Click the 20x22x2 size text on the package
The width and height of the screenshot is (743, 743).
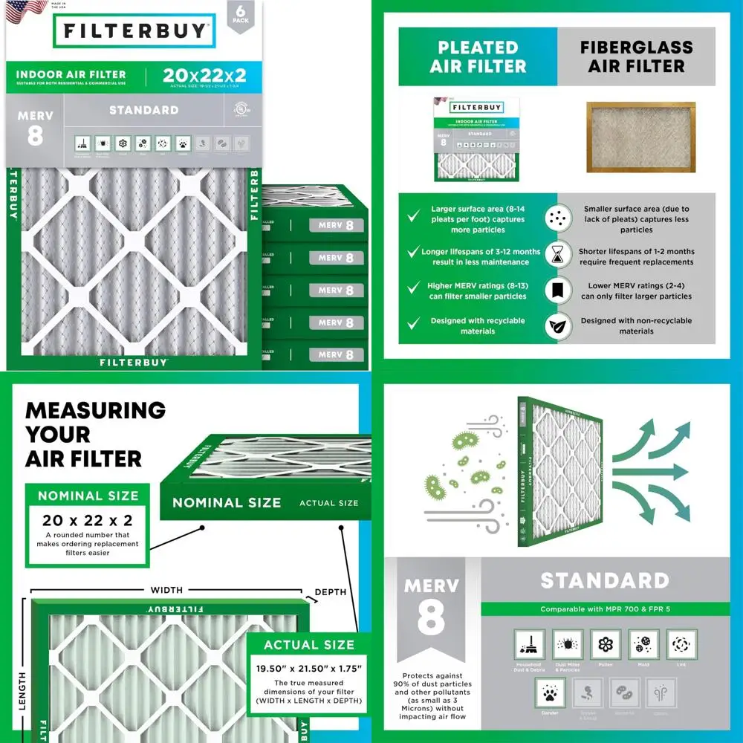click(x=204, y=75)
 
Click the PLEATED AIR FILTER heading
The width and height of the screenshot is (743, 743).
click(x=478, y=57)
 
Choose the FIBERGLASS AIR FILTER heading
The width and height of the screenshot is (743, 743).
click(x=636, y=57)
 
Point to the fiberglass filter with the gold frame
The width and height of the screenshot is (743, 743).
click(x=640, y=141)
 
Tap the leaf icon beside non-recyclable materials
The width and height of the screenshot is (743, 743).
click(x=556, y=325)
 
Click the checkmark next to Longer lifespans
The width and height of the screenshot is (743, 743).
click(x=414, y=253)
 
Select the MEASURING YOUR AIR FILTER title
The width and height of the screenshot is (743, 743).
click(x=95, y=434)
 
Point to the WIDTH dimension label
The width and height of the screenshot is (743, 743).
click(x=166, y=590)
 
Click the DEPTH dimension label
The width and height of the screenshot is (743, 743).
click(x=330, y=592)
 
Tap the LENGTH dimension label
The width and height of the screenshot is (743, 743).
click(x=22, y=691)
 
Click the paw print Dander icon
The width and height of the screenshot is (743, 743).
click(x=550, y=692)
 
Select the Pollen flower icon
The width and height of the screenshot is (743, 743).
click(x=606, y=644)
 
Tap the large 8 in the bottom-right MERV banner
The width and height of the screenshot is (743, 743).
click(x=431, y=619)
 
